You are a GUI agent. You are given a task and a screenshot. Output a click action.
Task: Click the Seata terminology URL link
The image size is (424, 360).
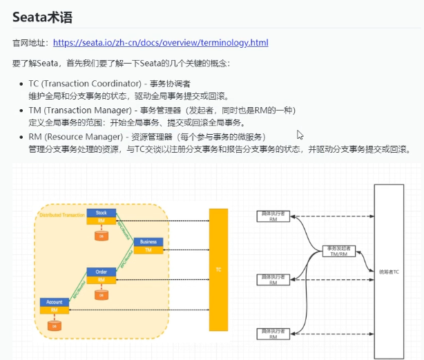point(160,43)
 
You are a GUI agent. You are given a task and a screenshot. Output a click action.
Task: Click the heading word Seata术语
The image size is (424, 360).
point(42,17)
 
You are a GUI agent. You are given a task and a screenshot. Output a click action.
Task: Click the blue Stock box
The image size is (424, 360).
point(101,212)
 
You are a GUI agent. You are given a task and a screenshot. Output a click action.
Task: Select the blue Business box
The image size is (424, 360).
point(148,242)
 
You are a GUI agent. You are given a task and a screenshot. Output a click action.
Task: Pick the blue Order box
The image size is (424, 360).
point(101,272)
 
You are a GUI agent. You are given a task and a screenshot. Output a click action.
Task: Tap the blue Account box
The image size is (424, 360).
point(54,302)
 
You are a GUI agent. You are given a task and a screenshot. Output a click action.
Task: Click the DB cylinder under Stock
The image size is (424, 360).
point(102,236)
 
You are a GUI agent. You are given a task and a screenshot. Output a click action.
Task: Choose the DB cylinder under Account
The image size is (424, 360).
point(54,325)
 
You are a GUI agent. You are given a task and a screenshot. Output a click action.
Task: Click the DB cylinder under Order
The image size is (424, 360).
point(102,295)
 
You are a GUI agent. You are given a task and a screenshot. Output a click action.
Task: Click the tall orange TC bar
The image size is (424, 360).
point(218,269)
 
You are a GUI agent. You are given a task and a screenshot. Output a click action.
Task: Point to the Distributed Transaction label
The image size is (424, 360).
point(59,215)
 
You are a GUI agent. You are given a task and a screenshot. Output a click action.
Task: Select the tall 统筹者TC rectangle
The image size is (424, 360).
point(389,263)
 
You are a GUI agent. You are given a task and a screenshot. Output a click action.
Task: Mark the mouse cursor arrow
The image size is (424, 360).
point(300,135)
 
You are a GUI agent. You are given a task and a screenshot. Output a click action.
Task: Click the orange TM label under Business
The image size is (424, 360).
point(148,250)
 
